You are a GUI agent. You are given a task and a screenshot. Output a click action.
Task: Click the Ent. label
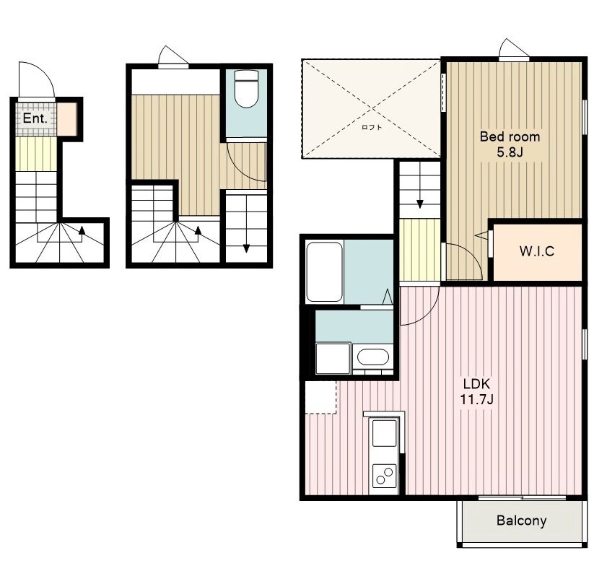(x=35, y=118)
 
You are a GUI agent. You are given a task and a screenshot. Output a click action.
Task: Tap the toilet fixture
(x=246, y=90)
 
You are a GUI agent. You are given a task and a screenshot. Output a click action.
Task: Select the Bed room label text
(x=510, y=136)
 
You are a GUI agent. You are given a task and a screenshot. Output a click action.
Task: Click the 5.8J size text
(x=510, y=152)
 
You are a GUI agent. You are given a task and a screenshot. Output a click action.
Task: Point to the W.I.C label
(x=536, y=251)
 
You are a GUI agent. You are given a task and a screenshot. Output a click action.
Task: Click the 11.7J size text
(x=476, y=399)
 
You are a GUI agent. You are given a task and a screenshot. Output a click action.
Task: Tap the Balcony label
(x=521, y=520)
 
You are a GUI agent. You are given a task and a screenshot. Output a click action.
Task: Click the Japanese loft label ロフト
(x=372, y=127)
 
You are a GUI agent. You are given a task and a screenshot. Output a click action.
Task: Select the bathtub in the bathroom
(x=324, y=271)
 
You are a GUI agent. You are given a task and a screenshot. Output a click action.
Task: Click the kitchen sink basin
(x=384, y=433)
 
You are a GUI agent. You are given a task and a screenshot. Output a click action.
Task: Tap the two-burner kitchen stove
(x=385, y=476)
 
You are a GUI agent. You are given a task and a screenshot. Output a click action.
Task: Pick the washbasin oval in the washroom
(x=373, y=357)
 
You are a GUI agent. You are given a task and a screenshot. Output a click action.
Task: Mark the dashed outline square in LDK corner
(x=321, y=398)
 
